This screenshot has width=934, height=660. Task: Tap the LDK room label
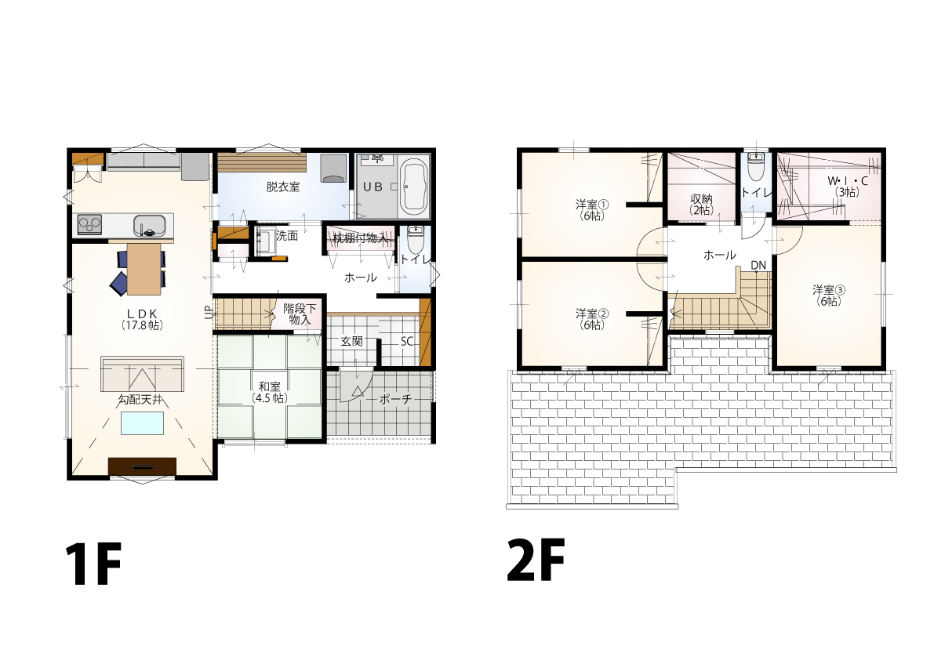(x=142, y=320)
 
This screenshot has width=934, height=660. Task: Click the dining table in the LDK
(x=144, y=269)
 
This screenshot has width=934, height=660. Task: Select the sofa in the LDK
(x=143, y=374)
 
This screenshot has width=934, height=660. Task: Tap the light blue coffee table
(x=143, y=422)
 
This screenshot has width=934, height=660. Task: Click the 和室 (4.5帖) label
(x=269, y=393)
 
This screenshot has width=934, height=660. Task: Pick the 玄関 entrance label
(x=351, y=342)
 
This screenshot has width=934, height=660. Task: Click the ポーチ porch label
(x=395, y=399)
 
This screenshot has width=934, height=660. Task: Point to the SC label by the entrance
(x=407, y=342)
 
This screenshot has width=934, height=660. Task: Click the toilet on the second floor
(x=756, y=166)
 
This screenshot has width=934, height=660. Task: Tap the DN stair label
(x=758, y=266)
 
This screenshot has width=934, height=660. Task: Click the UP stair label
(x=209, y=313)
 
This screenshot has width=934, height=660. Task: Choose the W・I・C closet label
(x=848, y=186)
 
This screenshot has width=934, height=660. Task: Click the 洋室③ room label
(x=829, y=296)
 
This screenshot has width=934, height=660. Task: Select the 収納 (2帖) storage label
(x=702, y=204)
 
